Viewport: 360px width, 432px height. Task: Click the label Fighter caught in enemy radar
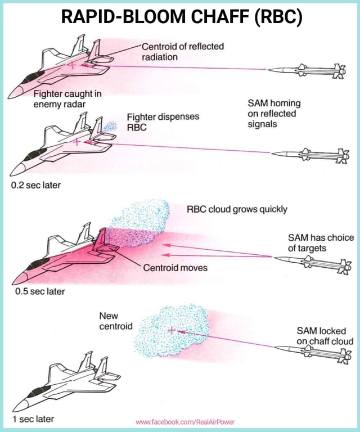tap(67, 98)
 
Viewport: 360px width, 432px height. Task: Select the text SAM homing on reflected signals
tap(274, 113)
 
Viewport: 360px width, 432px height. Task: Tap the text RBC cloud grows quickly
tap(237, 209)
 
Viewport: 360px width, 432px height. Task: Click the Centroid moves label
tap(175, 267)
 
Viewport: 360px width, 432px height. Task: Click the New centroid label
tap(115, 321)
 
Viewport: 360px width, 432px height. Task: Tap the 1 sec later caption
tap(34, 419)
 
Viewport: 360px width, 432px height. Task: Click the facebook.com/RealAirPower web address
tap(185, 421)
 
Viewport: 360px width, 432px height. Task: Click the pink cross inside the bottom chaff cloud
tap(171, 330)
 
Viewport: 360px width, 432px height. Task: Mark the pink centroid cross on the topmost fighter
tap(73, 65)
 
